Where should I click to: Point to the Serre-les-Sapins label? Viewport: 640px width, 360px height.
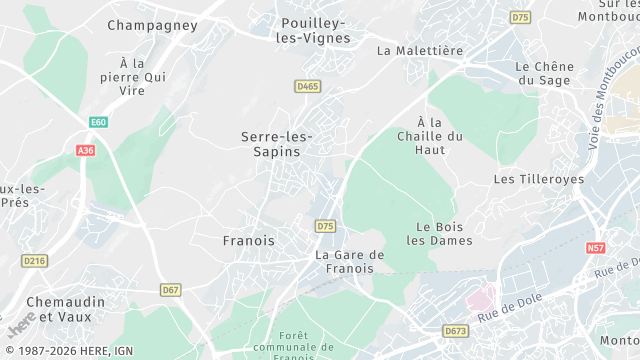point(277,143)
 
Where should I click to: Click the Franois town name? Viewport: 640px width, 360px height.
point(247,241)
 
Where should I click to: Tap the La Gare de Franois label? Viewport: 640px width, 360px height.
point(350,262)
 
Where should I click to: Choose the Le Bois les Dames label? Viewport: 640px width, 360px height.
point(437,233)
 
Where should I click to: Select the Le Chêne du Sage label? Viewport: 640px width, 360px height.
point(545,74)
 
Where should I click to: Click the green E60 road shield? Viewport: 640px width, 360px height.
point(98,122)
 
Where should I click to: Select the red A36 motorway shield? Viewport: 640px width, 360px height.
point(85,150)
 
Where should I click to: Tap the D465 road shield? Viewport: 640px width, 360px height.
point(308,87)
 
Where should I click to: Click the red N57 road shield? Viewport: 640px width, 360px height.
point(596,247)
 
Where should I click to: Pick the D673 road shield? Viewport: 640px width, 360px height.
point(455,330)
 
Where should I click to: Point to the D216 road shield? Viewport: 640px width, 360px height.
point(35,261)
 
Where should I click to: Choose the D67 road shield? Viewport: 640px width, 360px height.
point(170,290)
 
